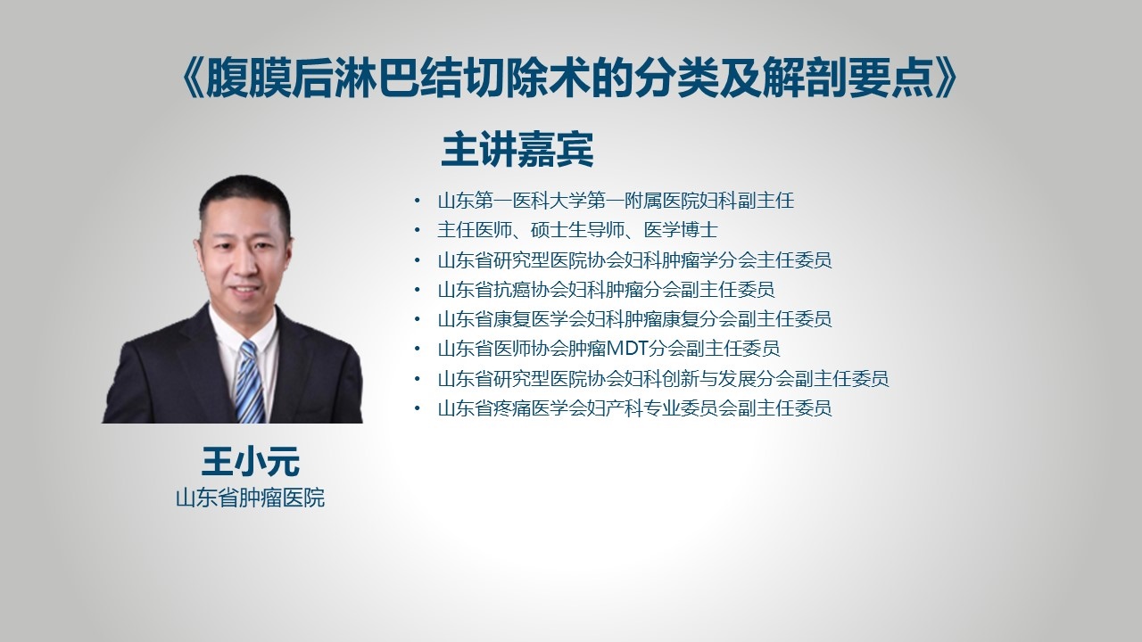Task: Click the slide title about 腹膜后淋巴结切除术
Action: [x=569, y=78]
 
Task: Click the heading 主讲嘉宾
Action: [x=517, y=150]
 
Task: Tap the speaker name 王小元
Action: [x=251, y=462]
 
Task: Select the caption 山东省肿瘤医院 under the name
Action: [x=251, y=498]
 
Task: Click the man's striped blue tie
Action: [x=249, y=383]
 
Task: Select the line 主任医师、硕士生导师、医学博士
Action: [x=577, y=230]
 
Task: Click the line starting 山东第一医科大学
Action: [x=616, y=201]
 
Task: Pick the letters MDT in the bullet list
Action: [x=627, y=349]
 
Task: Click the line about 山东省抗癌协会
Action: [x=606, y=290]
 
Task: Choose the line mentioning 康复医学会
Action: [x=634, y=319]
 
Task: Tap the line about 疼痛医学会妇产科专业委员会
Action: [x=634, y=408]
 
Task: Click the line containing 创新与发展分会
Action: [x=663, y=379]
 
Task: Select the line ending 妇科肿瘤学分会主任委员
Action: [x=634, y=260]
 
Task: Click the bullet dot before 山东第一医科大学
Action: [x=418, y=201]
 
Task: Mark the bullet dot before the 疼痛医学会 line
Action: [x=418, y=408]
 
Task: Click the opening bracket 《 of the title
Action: [x=193, y=78]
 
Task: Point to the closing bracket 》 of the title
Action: [x=947, y=78]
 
